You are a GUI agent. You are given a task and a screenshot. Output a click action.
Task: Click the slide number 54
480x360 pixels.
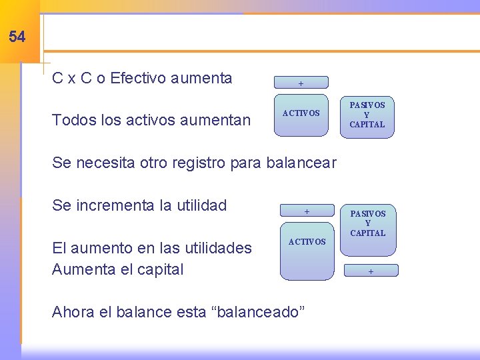(x=17, y=37)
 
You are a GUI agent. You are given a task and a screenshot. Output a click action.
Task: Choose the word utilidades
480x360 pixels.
(x=214, y=248)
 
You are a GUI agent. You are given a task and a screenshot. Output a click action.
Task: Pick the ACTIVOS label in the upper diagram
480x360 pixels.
(x=301, y=113)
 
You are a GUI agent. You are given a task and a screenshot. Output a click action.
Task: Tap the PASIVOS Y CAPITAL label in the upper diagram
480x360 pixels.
(x=367, y=115)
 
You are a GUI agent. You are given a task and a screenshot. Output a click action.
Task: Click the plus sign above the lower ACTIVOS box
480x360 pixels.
(x=307, y=211)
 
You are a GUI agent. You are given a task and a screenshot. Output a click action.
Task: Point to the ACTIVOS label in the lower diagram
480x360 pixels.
(x=307, y=241)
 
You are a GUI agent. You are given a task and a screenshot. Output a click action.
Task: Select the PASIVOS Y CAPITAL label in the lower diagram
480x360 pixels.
(x=368, y=223)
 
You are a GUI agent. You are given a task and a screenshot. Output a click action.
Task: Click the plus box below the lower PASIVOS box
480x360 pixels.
(x=371, y=271)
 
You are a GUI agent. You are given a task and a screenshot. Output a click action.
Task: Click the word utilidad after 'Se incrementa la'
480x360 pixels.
(x=200, y=205)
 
